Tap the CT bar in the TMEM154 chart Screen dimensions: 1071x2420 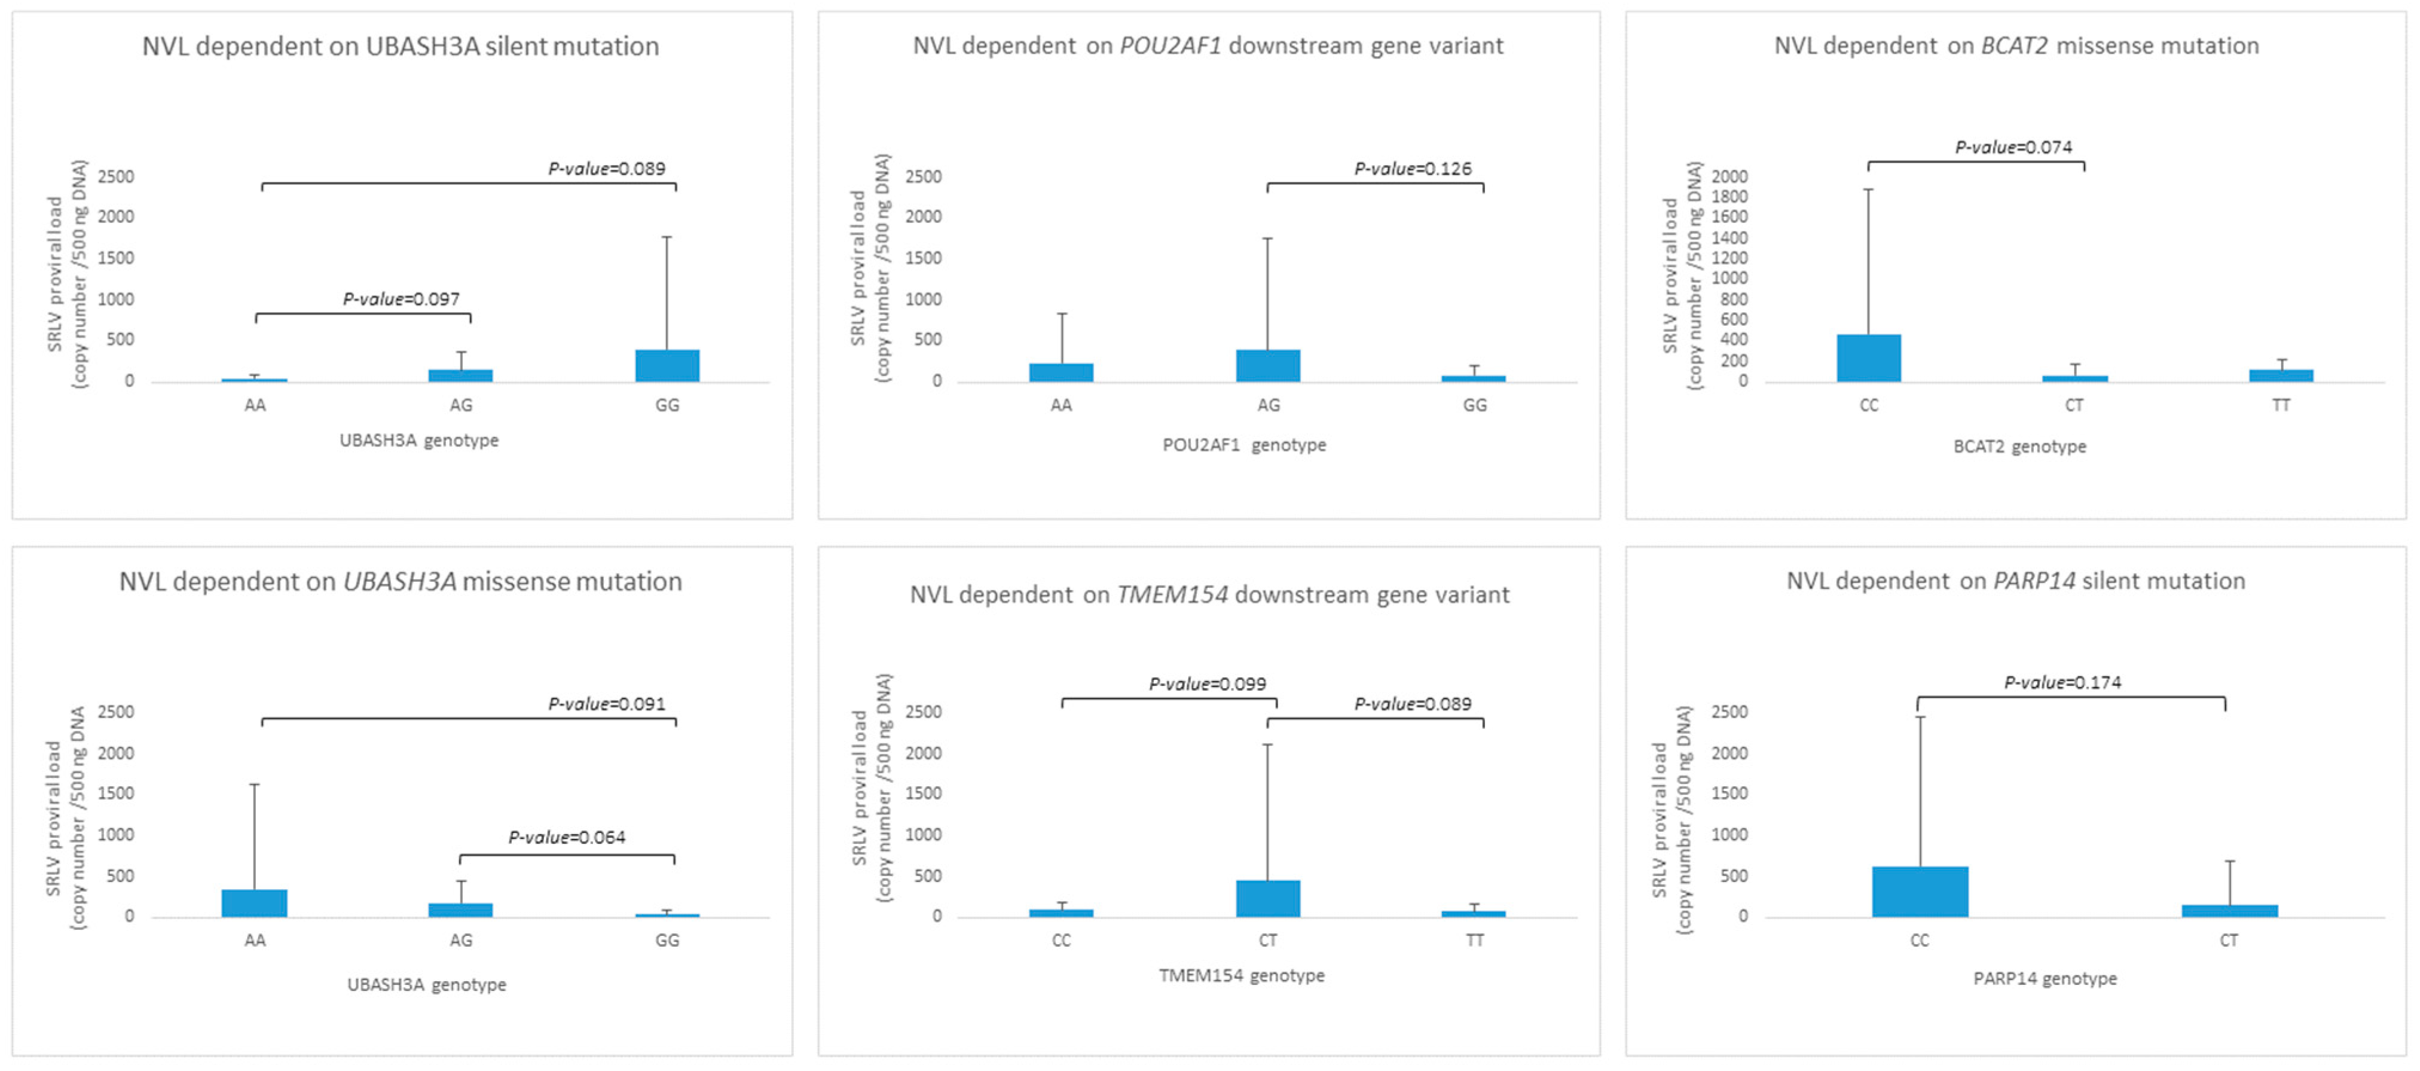click(1267, 898)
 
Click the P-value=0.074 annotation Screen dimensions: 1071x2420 click(2012, 148)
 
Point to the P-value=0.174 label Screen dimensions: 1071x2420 click(2062, 682)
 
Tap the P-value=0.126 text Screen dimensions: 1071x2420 click(1412, 169)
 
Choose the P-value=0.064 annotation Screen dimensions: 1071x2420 click(567, 837)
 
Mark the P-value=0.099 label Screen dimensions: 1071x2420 click(1207, 684)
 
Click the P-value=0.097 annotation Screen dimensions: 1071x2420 click(401, 300)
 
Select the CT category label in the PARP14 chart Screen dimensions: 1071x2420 click(2228, 941)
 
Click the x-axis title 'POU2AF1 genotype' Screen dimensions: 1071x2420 click(1244, 446)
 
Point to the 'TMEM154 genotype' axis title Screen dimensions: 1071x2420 click(1241, 975)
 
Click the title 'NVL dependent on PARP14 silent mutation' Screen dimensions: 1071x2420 click(2015, 581)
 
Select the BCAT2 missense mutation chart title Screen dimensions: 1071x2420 click(2016, 46)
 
